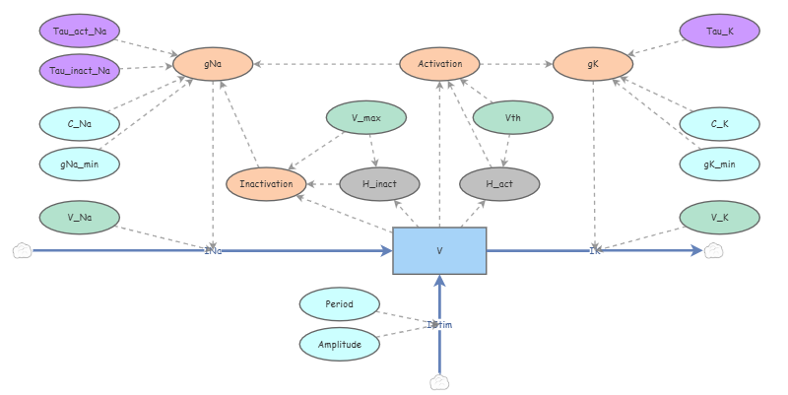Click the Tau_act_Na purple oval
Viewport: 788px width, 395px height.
[x=79, y=31]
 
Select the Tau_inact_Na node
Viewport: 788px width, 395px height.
[x=79, y=70]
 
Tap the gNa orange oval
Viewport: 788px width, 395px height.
[x=213, y=64]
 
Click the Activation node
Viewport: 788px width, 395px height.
[x=439, y=64]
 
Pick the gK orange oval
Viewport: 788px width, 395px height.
[x=593, y=64]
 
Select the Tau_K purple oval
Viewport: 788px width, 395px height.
[x=720, y=31]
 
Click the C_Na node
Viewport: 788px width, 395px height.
[x=79, y=123]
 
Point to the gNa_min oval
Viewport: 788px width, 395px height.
[x=79, y=163]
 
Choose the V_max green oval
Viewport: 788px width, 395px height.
[x=365, y=117]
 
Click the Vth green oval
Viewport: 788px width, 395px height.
[x=513, y=117]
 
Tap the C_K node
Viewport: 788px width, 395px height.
[x=720, y=123]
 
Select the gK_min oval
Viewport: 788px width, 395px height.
[x=720, y=163]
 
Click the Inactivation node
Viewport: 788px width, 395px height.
[x=266, y=183]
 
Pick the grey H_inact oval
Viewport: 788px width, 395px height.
[x=379, y=183]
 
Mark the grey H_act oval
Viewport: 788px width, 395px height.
[x=500, y=183]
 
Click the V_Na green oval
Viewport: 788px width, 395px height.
[x=79, y=216]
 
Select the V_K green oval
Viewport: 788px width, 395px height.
[x=720, y=216]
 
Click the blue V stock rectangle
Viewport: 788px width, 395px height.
[x=439, y=250]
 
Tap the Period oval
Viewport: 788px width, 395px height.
[x=339, y=304]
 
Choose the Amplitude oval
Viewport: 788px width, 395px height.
[x=339, y=344]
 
